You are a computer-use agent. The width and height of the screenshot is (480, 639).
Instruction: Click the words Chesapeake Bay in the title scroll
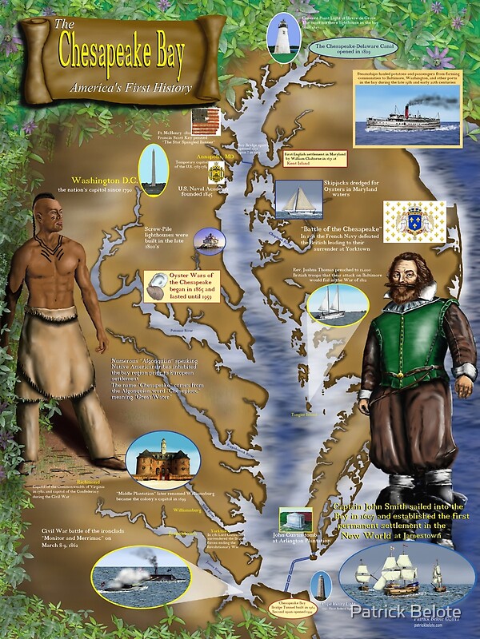click(120, 53)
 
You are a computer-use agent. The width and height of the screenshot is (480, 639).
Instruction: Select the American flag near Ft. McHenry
click(206, 120)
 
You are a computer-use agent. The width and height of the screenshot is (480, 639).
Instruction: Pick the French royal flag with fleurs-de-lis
click(414, 218)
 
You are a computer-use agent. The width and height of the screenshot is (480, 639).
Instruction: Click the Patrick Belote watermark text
click(410, 611)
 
